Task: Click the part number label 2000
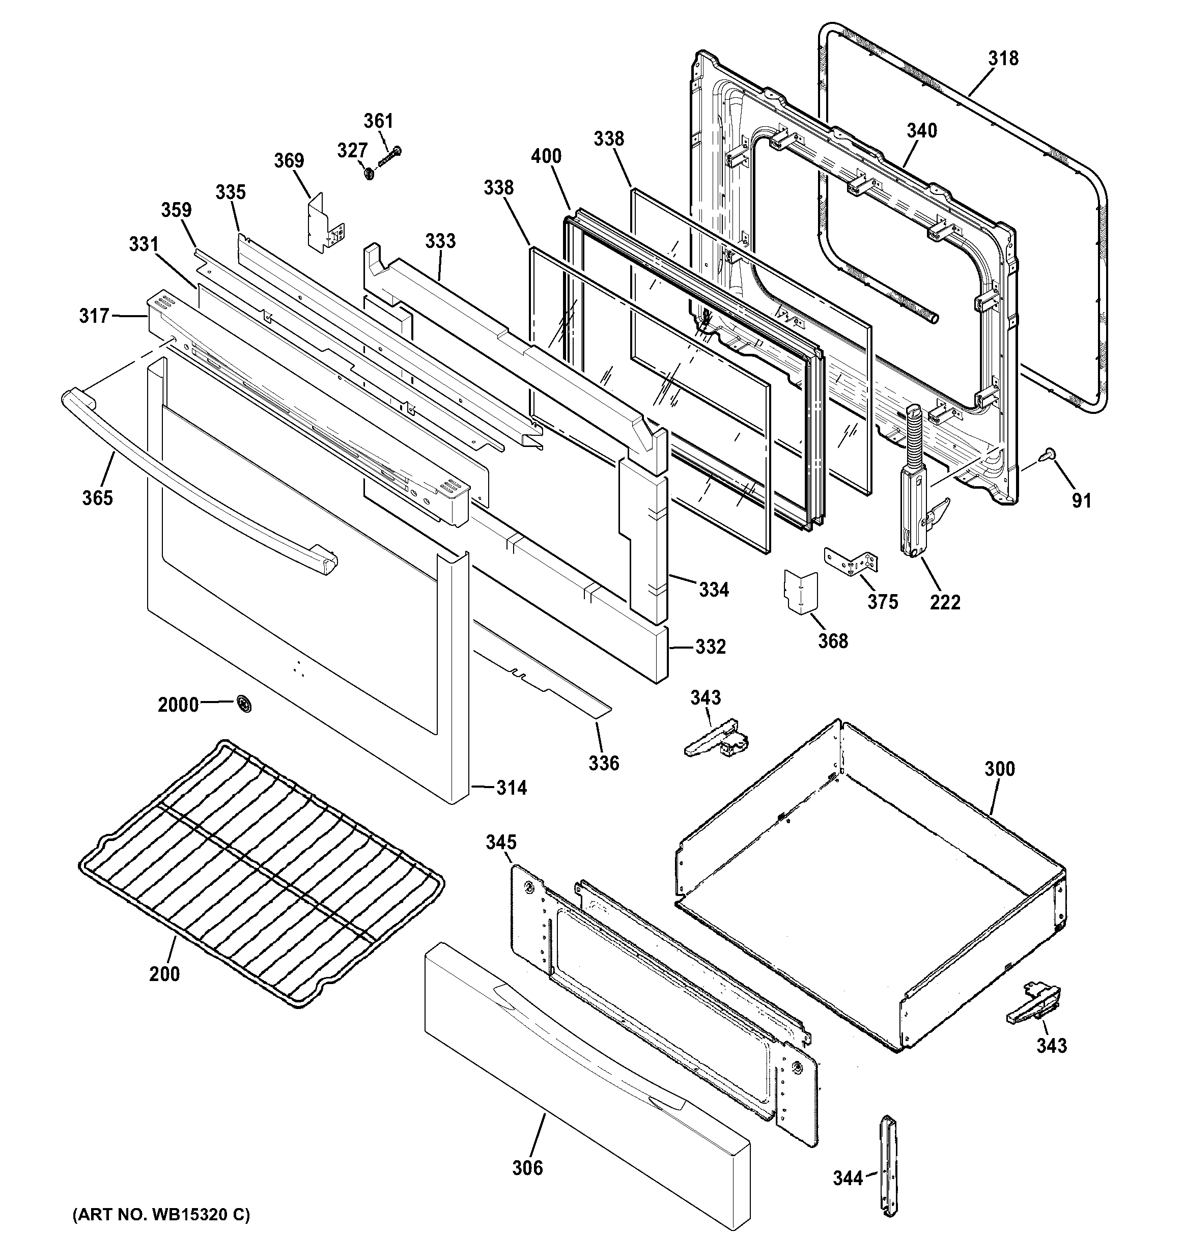[178, 705]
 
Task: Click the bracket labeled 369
[326, 222]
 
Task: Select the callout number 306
[527, 1167]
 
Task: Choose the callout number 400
[546, 156]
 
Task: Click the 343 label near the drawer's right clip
[1052, 1045]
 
